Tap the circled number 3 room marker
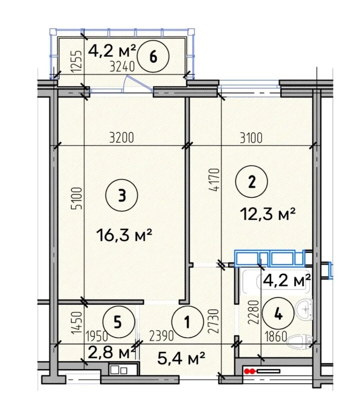(x=122, y=196)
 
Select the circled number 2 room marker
(x=251, y=181)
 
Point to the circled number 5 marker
(x=118, y=322)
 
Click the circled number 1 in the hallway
(x=188, y=322)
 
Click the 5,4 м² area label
(x=181, y=359)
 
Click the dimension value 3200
(x=121, y=138)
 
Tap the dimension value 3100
(x=251, y=138)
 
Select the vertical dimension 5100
(x=77, y=199)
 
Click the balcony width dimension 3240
(x=122, y=67)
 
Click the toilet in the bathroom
(x=300, y=342)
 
